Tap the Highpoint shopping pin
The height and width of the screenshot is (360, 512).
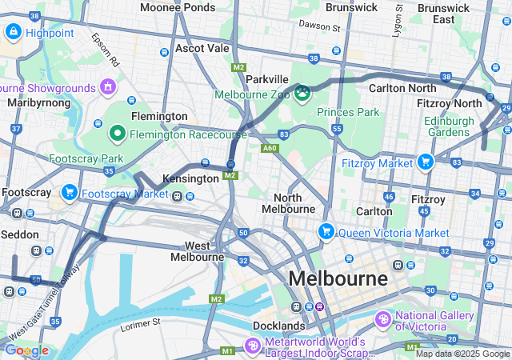pyautogui.click(x=14, y=31)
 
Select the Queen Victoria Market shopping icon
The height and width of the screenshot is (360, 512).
pyautogui.click(x=326, y=232)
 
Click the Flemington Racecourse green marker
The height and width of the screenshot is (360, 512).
pyautogui.click(x=117, y=133)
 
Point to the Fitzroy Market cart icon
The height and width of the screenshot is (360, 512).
pyautogui.click(x=424, y=162)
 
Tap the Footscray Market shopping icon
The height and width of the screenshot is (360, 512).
pyautogui.click(x=70, y=193)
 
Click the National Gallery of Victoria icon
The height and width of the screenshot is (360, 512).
pyautogui.click(x=383, y=320)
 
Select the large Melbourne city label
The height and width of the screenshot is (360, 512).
pyautogui.click(x=338, y=279)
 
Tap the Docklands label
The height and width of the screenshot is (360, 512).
pyautogui.click(x=278, y=326)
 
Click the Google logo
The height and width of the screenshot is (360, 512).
pyautogui.click(x=26, y=350)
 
